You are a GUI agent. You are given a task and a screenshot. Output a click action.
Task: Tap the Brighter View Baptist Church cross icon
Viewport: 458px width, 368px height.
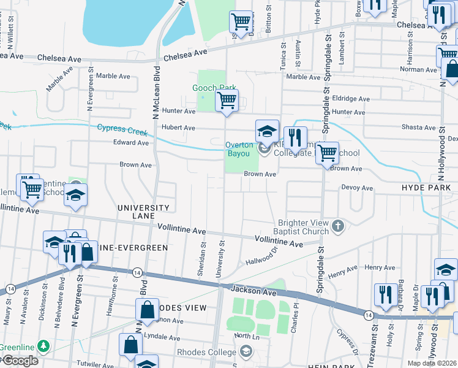pyautogui.click(x=337, y=227)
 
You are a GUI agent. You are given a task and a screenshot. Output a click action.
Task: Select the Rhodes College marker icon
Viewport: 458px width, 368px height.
pyautogui.click(x=246, y=351)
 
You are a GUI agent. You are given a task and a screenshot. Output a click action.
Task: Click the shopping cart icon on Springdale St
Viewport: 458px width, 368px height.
pyautogui.click(x=327, y=153)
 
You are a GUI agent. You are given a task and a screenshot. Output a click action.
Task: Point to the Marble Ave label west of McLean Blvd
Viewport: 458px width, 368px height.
pyautogui.click(x=113, y=76)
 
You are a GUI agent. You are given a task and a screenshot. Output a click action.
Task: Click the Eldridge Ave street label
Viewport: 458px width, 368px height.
pyautogui.click(x=351, y=98)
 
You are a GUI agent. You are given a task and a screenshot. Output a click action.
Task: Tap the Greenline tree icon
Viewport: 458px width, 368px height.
pyautogui.click(x=43, y=347)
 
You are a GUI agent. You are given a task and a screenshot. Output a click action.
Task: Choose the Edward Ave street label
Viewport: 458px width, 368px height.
pyautogui.click(x=131, y=143)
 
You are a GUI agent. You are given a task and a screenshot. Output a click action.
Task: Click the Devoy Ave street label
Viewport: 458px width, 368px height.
pyautogui.click(x=357, y=188)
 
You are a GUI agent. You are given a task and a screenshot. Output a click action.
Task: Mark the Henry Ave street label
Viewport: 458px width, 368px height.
pyautogui.click(x=380, y=267)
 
